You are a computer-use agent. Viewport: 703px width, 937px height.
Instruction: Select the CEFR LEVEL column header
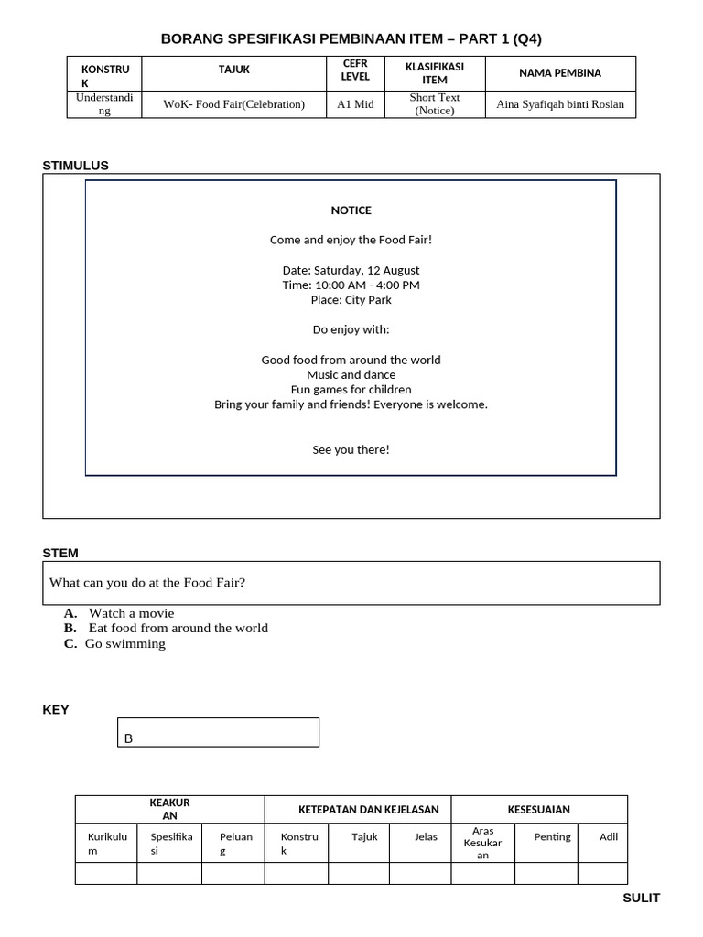(354, 70)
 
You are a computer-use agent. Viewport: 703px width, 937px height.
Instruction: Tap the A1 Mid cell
(355, 104)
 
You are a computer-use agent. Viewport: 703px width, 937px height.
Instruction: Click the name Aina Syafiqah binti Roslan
(559, 104)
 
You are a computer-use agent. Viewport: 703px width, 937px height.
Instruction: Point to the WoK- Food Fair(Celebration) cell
(233, 104)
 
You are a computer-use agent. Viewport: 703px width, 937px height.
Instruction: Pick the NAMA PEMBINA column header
(559, 73)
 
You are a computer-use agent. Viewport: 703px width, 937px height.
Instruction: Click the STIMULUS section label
(75, 166)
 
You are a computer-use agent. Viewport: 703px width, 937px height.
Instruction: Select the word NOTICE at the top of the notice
(351, 210)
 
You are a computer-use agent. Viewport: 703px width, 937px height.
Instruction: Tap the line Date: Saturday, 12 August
(351, 270)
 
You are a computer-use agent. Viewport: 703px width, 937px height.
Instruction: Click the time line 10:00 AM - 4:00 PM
(351, 285)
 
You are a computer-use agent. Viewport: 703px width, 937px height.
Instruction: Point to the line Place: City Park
(351, 299)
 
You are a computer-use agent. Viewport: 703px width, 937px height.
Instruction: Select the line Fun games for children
(351, 389)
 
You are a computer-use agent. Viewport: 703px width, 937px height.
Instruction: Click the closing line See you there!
(351, 449)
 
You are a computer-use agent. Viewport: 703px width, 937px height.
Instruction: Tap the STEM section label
(60, 553)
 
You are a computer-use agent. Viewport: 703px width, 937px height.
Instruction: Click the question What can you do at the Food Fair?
(147, 583)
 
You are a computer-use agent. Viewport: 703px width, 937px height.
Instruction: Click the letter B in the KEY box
(129, 738)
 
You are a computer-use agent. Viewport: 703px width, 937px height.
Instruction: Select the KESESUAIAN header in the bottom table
(538, 810)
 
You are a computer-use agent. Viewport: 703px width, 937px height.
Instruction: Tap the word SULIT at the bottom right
(641, 898)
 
